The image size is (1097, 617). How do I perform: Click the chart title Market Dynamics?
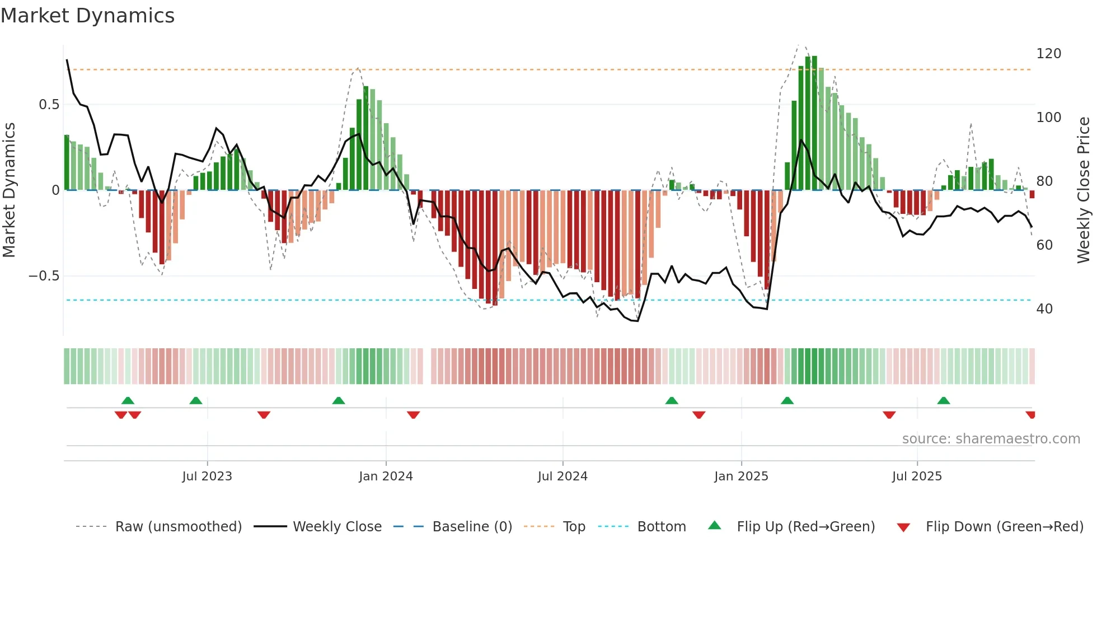coord(88,16)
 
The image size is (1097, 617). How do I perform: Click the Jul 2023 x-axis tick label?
coord(207,476)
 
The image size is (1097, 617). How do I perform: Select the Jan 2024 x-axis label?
coord(386,476)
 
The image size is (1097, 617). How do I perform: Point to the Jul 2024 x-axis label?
coord(562,476)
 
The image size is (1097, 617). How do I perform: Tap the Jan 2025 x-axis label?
coord(741,476)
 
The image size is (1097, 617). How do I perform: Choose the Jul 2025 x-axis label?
coord(917,476)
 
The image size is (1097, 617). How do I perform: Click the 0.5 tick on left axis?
coord(49,105)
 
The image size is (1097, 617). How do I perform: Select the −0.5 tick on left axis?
coord(44,276)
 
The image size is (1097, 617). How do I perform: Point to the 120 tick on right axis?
coord(1048,54)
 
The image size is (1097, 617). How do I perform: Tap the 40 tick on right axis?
coord(1044,309)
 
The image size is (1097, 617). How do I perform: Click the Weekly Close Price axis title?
coord(1084,190)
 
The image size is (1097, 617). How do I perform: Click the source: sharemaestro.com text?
coord(991,439)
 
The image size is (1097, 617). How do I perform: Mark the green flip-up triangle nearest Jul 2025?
coord(944,401)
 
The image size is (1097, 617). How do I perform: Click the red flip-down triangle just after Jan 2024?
coord(414,415)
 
